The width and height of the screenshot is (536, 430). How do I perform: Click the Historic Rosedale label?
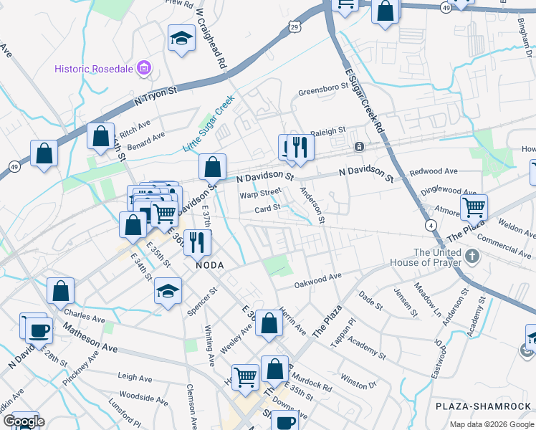(95, 69)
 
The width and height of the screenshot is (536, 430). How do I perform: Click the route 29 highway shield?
(295, 27)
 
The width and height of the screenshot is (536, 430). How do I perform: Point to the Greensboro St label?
(322, 92)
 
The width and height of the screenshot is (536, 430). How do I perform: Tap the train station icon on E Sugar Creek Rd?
(358, 147)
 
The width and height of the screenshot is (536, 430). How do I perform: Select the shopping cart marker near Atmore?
(474, 208)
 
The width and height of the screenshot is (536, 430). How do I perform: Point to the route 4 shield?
(431, 225)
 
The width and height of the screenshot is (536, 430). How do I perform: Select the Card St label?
(267, 209)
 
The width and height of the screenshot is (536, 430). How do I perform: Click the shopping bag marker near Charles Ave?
(60, 291)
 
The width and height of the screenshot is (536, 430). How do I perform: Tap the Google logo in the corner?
(23, 421)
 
